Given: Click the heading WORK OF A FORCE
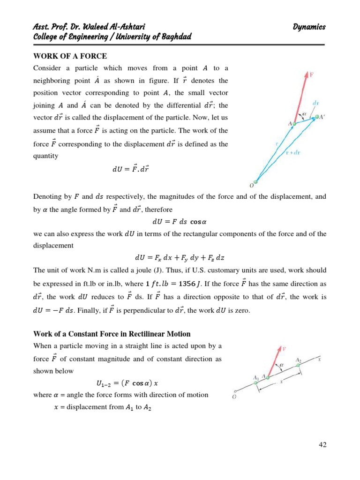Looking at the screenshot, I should [70, 56].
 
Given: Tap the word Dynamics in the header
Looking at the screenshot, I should [309, 27].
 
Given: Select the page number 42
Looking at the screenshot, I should [322, 445].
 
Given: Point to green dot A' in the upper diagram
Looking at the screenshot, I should [316, 117].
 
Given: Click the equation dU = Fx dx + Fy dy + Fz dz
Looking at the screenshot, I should [180, 257].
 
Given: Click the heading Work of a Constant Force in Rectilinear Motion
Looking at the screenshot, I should [112, 334].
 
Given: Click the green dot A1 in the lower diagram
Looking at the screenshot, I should [255, 383].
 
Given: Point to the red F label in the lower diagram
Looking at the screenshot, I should [284, 349].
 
